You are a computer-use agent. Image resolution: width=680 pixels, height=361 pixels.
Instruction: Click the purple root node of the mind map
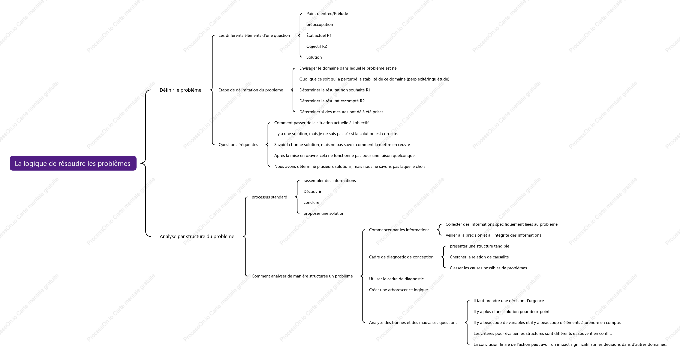[73, 163]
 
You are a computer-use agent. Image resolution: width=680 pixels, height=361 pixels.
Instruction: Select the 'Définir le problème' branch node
[180, 90]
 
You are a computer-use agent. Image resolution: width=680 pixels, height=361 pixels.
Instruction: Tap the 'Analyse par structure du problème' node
[197, 236]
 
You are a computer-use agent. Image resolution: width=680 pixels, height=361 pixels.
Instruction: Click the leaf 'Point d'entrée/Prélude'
[327, 14]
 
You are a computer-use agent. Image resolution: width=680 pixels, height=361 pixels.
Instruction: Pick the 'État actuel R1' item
[319, 35]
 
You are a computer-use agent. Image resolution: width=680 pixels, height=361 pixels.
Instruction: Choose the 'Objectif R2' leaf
[316, 46]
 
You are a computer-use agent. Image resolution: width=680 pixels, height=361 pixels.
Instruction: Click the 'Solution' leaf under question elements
[314, 57]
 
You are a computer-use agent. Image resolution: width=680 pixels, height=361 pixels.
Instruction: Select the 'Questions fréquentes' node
[238, 145]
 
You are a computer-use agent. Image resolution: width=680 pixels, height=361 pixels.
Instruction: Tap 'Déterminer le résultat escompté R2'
[332, 101]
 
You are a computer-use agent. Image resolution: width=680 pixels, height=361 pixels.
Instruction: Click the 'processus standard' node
[269, 197]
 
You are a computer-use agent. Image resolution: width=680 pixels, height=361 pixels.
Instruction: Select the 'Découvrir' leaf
[312, 192]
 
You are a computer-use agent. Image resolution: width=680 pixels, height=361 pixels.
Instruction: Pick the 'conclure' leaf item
[311, 202]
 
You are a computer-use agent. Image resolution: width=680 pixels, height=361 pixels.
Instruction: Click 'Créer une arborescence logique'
[398, 290]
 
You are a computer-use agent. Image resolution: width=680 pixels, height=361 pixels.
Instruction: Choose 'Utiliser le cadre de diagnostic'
[396, 279]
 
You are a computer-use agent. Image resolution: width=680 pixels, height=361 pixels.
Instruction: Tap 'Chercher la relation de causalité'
[479, 257]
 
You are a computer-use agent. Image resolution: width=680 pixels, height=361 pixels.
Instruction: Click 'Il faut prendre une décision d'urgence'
[509, 301]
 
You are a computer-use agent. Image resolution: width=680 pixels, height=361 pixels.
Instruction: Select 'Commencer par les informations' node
[399, 230]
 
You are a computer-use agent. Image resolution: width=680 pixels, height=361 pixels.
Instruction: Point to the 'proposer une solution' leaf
[324, 213]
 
